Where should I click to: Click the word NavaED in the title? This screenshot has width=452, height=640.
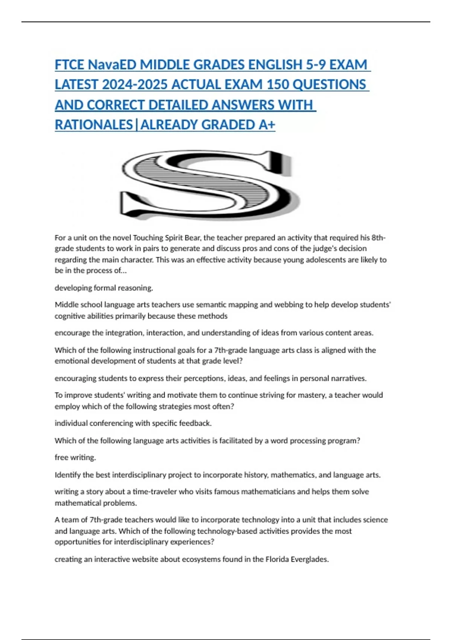click(x=112, y=65)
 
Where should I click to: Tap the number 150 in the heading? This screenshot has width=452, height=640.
click(x=278, y=85)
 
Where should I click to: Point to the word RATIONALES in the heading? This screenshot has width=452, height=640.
click(x=94, y=125)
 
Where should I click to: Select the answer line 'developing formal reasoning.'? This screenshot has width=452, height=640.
click(x=104, y=288)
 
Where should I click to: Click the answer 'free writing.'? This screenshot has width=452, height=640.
click(x=75, y=457)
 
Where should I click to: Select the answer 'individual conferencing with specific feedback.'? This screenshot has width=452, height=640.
click(x=133, y=424)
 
